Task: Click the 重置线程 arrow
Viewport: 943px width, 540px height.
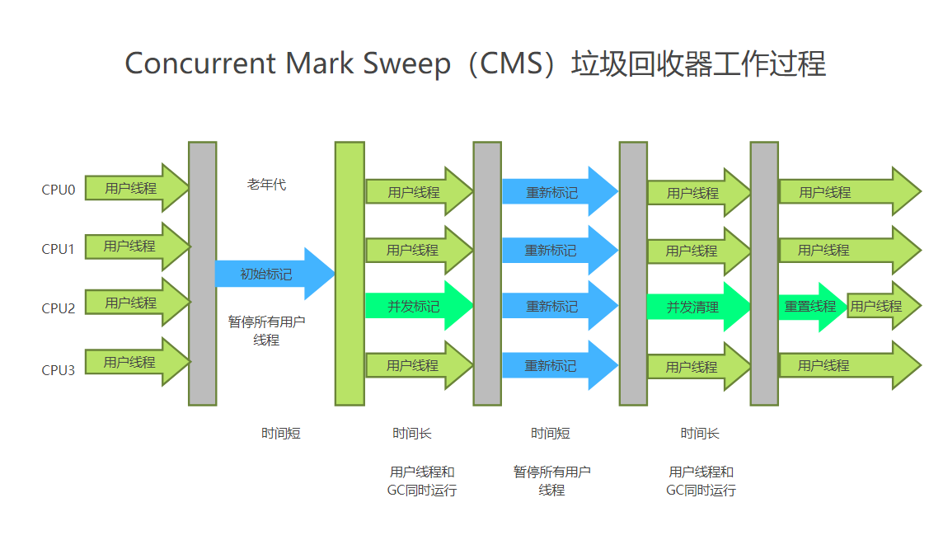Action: pos(810,307)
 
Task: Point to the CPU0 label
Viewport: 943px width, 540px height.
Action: pos(59,190)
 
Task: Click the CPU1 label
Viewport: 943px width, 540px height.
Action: pos(59,249)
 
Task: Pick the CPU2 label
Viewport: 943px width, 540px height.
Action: pos(59,308)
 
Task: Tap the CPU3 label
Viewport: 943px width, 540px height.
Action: pos(59,370)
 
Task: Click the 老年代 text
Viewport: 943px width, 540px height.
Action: pos(266,185)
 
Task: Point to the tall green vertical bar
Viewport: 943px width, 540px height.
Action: pos(350,274)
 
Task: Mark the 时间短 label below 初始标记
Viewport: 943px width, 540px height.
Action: pos(281,434)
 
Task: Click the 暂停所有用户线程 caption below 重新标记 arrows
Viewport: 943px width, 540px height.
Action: pos(551,481)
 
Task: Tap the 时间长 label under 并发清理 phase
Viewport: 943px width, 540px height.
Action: pos(700,434)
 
